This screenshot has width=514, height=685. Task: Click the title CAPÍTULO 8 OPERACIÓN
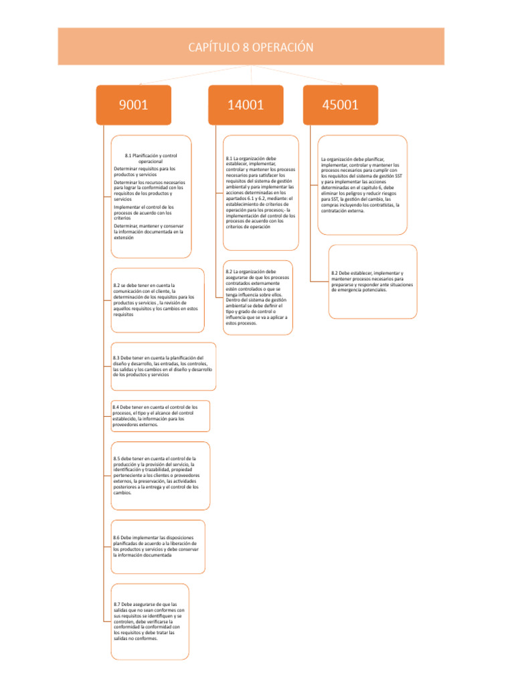(251, 47)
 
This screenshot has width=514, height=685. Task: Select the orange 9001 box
(133, 104)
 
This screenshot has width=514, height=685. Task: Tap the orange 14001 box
(246, 104)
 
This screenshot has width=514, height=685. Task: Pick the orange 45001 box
(340, 104)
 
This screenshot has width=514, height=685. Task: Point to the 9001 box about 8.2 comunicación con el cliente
(157, 300)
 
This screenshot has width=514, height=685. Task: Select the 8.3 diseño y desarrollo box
(163, 366)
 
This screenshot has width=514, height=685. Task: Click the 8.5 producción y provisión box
(159, 476)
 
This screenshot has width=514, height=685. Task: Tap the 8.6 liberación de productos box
(157, 546)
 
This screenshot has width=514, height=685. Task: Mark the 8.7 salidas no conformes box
(149, 621)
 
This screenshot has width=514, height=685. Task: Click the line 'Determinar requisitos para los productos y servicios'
(145, 171)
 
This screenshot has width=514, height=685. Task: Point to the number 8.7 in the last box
(118, 605)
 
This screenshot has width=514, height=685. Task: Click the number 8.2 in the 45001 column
(335, 274)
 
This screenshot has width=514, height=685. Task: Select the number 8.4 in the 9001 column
(116, 407)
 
